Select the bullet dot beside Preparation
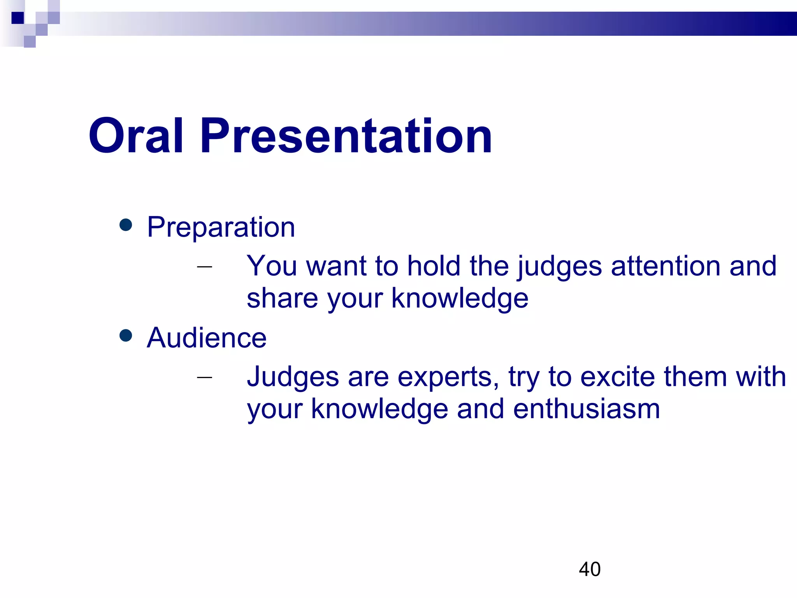click(126, 225)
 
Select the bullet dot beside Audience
click(126, 335)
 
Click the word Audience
click(207, 338)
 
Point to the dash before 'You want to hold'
click(205, 267)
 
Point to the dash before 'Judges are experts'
click(205, 377)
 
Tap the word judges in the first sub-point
click(559, 267)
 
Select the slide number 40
click(590, 569)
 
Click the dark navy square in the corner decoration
click(18, 18)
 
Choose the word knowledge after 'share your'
click(460, 298)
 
